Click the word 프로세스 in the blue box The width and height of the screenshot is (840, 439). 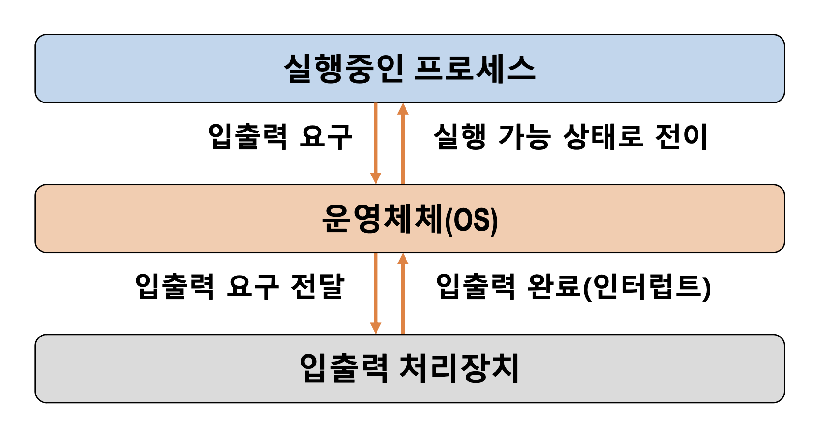[475, 69]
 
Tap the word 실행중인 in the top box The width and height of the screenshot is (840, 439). [343, 69]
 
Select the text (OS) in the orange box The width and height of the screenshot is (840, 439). [471, 220]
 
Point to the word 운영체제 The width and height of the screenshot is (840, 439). [382, 219]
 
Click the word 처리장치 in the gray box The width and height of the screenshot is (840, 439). [459, 368]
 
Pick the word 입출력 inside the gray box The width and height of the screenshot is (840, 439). [344, 368]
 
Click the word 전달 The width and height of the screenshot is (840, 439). [318, 286]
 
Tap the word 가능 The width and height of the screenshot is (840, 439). [524, 137]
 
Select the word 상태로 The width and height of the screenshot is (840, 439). [603, 137]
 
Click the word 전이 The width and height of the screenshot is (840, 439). [681, 137]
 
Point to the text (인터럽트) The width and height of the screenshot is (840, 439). [647, 287]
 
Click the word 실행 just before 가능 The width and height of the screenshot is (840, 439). [460, 137]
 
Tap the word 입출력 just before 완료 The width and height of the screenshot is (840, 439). [476, 286]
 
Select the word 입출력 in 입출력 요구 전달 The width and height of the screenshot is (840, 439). [174, 286]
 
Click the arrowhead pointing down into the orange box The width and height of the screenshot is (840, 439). [376, 177]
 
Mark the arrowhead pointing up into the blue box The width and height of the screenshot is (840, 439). [403, 109]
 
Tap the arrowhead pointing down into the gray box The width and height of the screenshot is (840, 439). [376, 328]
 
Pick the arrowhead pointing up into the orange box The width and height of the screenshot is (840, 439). [403, 259]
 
